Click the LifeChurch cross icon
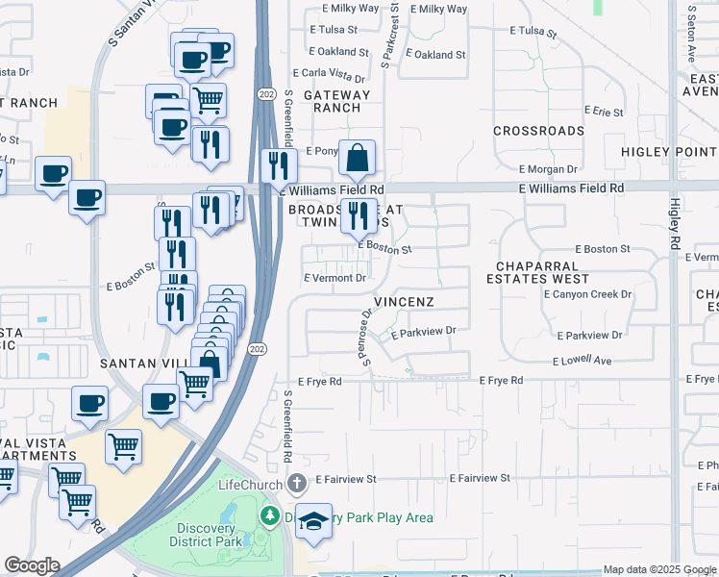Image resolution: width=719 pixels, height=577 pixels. [298, 480]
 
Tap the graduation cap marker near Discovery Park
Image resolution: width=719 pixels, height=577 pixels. [313, 520]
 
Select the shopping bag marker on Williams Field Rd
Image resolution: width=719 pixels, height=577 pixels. [357, 158]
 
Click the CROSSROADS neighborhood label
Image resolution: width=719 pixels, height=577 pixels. [538, 131]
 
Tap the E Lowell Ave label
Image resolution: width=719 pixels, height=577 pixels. [583, 361]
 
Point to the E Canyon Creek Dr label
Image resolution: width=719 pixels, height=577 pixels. [587, 294]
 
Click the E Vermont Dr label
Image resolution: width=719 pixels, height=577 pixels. [335, 278]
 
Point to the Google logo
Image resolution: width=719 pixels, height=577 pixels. [31, 565]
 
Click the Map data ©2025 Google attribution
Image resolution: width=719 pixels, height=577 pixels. [658, 569]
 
